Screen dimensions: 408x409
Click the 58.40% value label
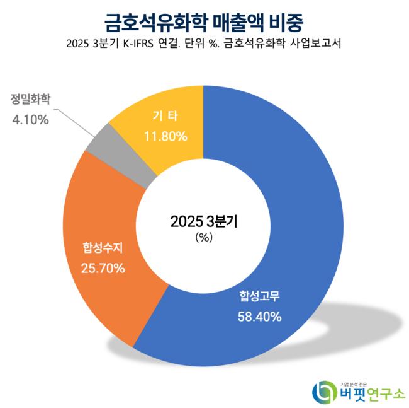(x=259, y=316)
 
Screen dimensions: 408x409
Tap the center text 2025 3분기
(x=204, y=221)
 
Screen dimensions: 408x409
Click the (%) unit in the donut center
(x=204, y=237)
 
